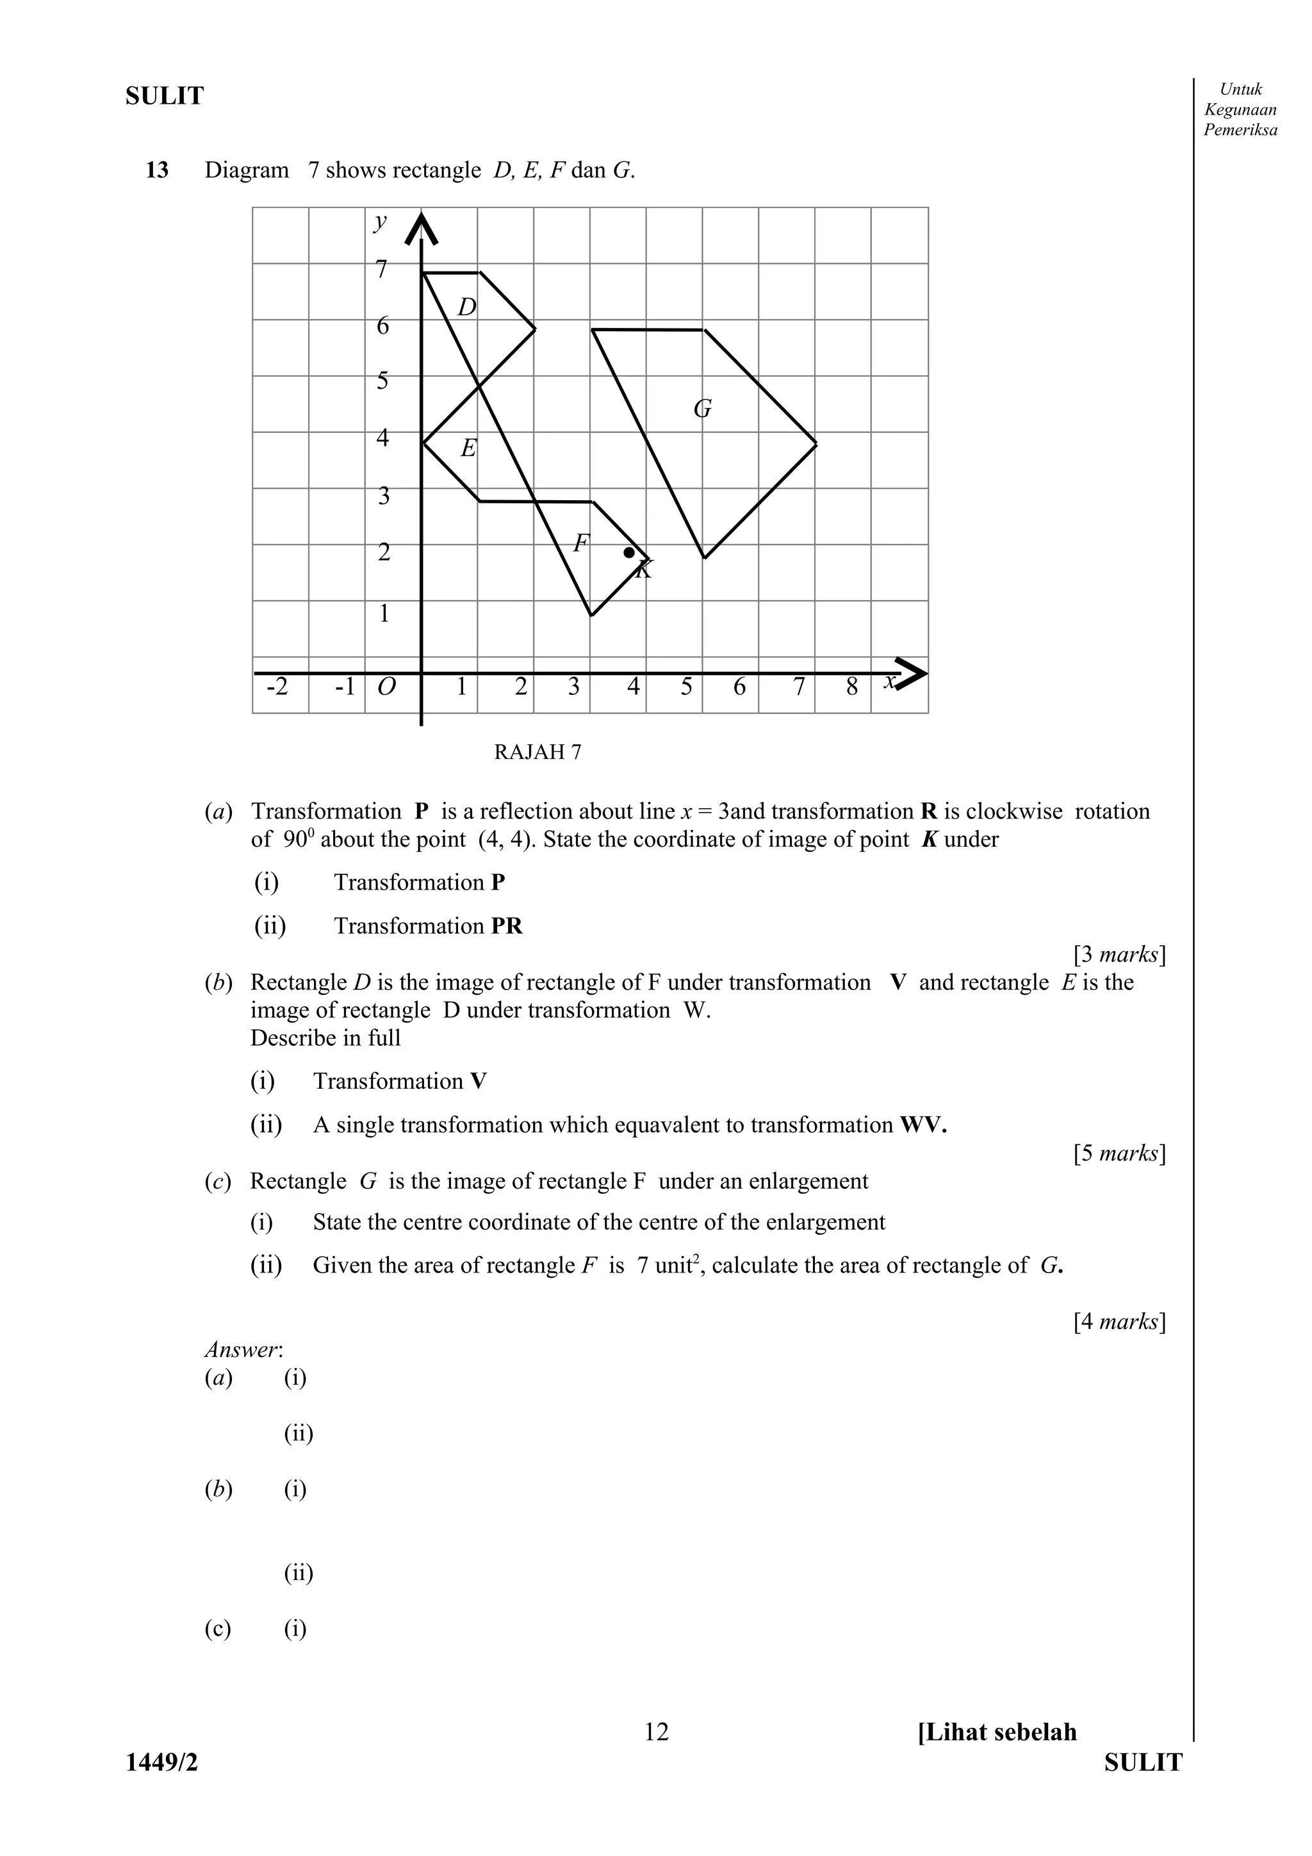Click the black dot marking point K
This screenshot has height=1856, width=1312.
click(629, 552)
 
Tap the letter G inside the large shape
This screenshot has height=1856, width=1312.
click(703, 409)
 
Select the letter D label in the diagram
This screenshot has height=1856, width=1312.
click(466, 307)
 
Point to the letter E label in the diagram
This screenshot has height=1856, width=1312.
click(468, 448)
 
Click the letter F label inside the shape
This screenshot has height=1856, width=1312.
click(580, 543)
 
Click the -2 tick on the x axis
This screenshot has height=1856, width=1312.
click(277, 687)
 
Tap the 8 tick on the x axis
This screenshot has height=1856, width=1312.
click(852, 687)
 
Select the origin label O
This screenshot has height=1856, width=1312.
click(386, 687)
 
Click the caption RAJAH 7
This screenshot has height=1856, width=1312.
click(537, 753)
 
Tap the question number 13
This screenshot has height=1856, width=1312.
click(157, 170)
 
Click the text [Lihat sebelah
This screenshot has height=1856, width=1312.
click(997, 1732)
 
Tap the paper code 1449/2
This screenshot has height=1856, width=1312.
click(161, 1762)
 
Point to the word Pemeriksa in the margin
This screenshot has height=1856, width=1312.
click(1240, 130)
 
